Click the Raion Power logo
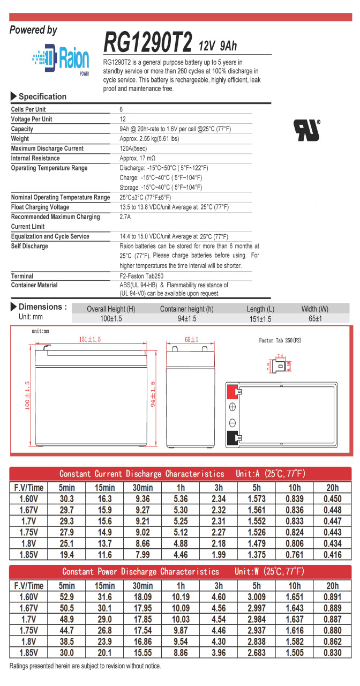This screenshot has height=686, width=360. click(59, 58)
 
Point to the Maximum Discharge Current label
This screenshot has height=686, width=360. click(47, 148)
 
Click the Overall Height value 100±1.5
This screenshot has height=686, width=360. click(111, 319)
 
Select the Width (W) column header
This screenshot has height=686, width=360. click(314, 309)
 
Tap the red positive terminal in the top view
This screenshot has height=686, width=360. click(232, 391)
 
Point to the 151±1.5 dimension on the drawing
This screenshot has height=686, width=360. click(90, 340)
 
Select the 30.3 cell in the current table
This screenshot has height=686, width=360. click(67, 498)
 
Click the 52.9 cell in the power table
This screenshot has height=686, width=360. click(67, 596)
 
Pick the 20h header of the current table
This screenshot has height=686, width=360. click(333, 488)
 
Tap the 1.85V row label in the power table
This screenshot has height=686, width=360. click(28, 653)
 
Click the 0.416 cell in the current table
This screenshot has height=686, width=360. click(333, 555)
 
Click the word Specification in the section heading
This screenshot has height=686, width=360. click(43, 96)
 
